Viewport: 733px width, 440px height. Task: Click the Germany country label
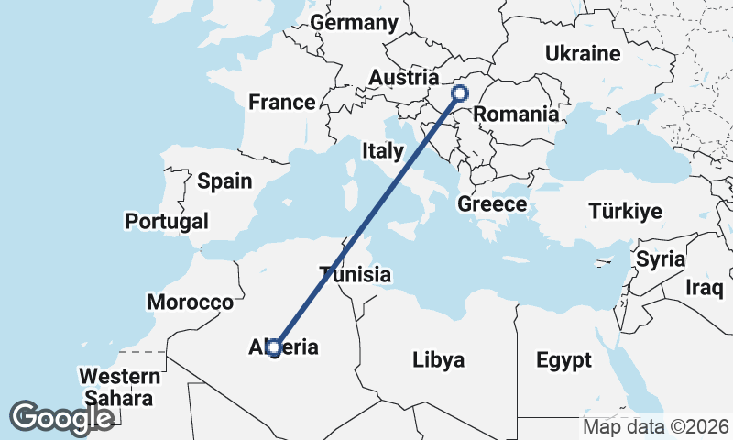[355, 23]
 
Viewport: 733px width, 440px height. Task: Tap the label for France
[282, 102]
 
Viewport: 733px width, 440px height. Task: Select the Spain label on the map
[224, 181]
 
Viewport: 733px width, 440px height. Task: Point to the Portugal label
[167, 221]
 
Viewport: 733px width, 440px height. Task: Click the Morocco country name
[191, 302]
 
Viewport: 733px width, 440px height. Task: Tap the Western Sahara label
[119, 387]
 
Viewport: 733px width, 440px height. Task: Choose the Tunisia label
[356, 274]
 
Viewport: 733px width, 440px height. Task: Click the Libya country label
[439, 358]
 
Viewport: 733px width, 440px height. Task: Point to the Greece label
[492, 204]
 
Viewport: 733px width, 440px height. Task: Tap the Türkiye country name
[625, 212]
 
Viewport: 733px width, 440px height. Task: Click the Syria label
[661, 259]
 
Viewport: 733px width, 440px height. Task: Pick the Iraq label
[705, 288]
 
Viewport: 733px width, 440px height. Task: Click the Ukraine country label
[583, 54]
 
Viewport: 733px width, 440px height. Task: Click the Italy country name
[383, 150]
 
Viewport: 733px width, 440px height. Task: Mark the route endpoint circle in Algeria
[273, 346]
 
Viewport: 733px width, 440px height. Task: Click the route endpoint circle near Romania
[460, 93]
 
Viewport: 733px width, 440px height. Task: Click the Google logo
[62, 417]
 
